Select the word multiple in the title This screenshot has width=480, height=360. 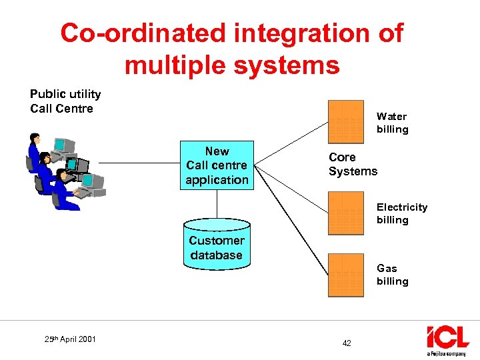[x=175, y=65]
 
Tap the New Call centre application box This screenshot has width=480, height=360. [x=217, y=165]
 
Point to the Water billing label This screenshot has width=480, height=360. [x=392, y=123]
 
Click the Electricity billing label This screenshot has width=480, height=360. [x=401, y=213]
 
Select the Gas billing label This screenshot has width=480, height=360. [x=392, y=275]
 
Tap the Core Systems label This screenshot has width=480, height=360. [x=353, y=164]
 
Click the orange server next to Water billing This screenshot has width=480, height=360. [x=345, y=122]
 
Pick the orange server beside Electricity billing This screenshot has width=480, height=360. [x=345, y=213]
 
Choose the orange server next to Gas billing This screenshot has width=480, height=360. [x=345, y=275]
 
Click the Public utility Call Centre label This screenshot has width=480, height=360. [x=65, y=101]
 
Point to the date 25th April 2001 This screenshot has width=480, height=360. [x=70, y=339]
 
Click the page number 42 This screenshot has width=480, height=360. [x=346, y=343]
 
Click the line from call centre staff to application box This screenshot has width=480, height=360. [x=137, y=163]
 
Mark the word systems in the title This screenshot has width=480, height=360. [x=293, y=65]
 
